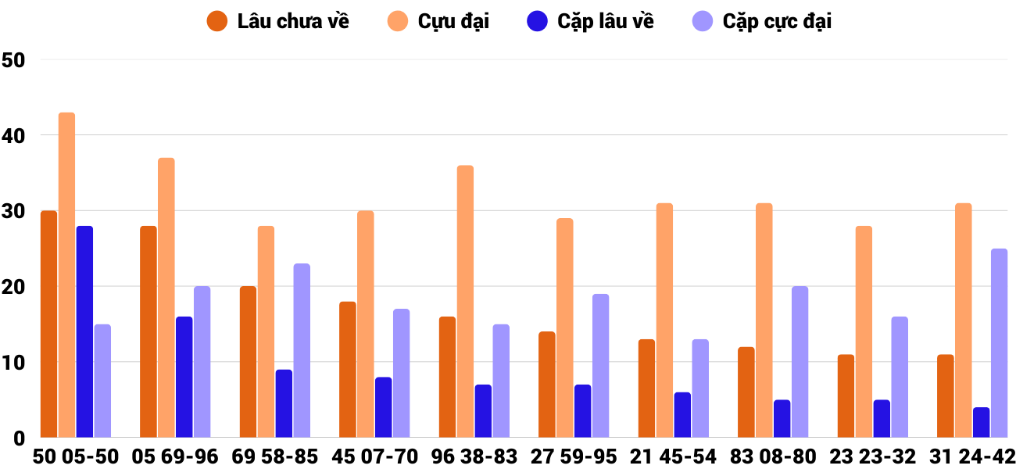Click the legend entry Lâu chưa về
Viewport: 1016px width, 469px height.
[278, 21]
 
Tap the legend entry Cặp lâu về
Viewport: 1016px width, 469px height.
[590, 21]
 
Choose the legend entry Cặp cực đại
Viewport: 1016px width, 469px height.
[761, 21]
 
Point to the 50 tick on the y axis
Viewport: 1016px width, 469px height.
[14, 59]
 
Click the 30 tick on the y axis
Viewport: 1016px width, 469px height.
[14, 211]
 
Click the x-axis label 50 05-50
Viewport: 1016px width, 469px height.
[76, 456]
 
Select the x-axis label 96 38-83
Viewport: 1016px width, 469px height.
[474, 456]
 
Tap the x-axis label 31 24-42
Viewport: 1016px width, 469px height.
[972, 456]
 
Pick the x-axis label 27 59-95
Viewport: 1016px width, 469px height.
[574, 456]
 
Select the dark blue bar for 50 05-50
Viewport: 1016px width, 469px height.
[84, 331]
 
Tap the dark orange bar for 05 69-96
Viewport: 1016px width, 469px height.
[148, 331]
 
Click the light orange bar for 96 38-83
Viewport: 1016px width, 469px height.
[465, 302]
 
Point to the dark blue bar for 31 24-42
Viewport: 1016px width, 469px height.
[982, 422]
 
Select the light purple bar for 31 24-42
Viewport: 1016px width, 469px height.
[1000, 343]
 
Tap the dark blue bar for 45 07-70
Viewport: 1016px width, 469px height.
[384, 407]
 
